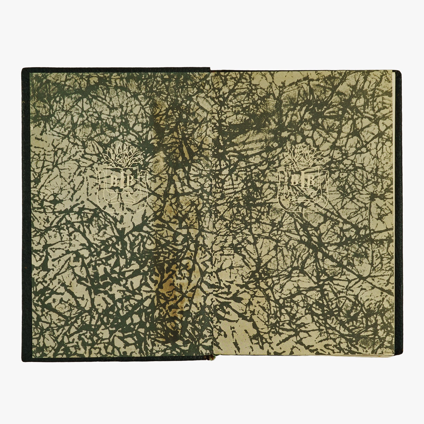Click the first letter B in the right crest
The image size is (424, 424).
[x=295, y=180]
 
